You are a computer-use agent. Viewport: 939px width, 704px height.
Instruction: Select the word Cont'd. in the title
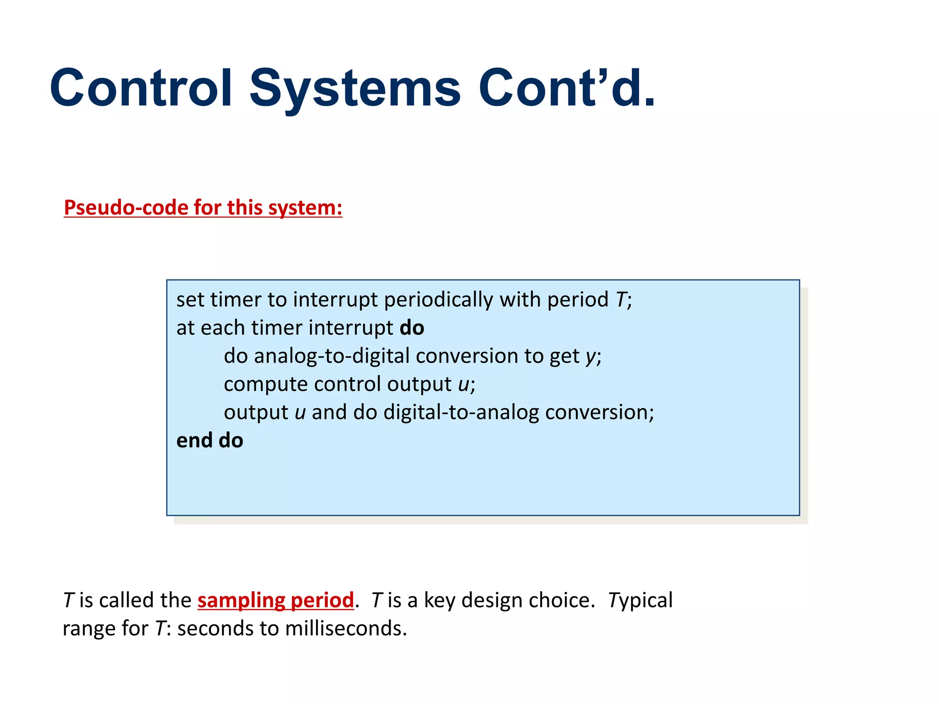[x=567, y=88]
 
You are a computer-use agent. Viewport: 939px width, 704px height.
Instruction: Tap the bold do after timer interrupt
[x=412, y=328]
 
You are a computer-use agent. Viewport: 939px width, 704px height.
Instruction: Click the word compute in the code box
[x=266, y=384]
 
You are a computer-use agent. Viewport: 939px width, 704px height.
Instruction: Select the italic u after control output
[x=464, y=385]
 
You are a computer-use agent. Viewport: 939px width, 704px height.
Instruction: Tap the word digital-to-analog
[x=461, y=412]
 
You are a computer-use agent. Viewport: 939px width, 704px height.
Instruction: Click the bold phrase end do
[x=210, y=440]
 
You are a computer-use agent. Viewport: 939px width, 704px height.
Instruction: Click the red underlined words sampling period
[x=276, y=600]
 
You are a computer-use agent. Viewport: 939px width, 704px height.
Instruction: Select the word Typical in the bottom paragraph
[x=640, y=600]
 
